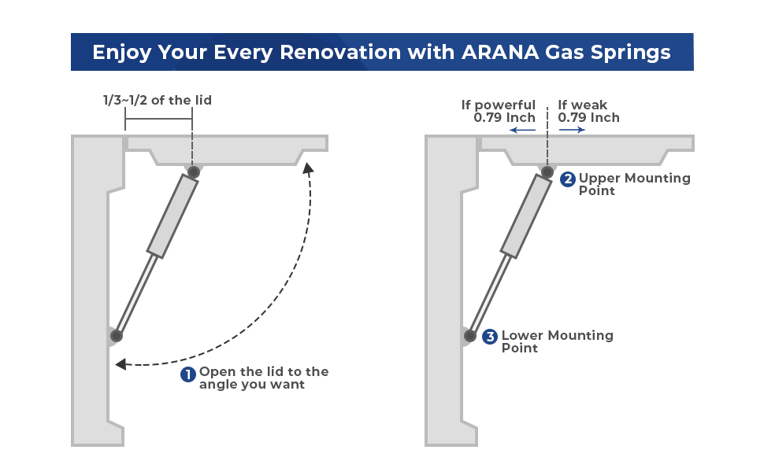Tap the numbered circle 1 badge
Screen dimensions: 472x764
(188, 374)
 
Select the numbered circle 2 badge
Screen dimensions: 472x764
(568, 179)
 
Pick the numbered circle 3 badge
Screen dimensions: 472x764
(490, 337)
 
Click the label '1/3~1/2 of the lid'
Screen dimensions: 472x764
(158, 100)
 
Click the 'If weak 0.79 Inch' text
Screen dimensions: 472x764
(588, 111)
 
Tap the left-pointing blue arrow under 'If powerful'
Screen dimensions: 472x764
(522, 131)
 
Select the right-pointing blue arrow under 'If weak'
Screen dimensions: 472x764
(573, 131)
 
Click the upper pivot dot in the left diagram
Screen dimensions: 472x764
(193, 171)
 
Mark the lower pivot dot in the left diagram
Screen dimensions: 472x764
(117, 336)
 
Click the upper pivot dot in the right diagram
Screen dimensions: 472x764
(547, 171)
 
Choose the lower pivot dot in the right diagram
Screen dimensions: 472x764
(470, 336)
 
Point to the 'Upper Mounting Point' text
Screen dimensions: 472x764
(634, 184)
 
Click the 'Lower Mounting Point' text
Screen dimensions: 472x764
(557, 341)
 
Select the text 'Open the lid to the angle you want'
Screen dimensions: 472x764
(263, 378)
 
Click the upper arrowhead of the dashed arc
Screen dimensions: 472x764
(308, 168)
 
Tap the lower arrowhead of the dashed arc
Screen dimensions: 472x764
(121, 364)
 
